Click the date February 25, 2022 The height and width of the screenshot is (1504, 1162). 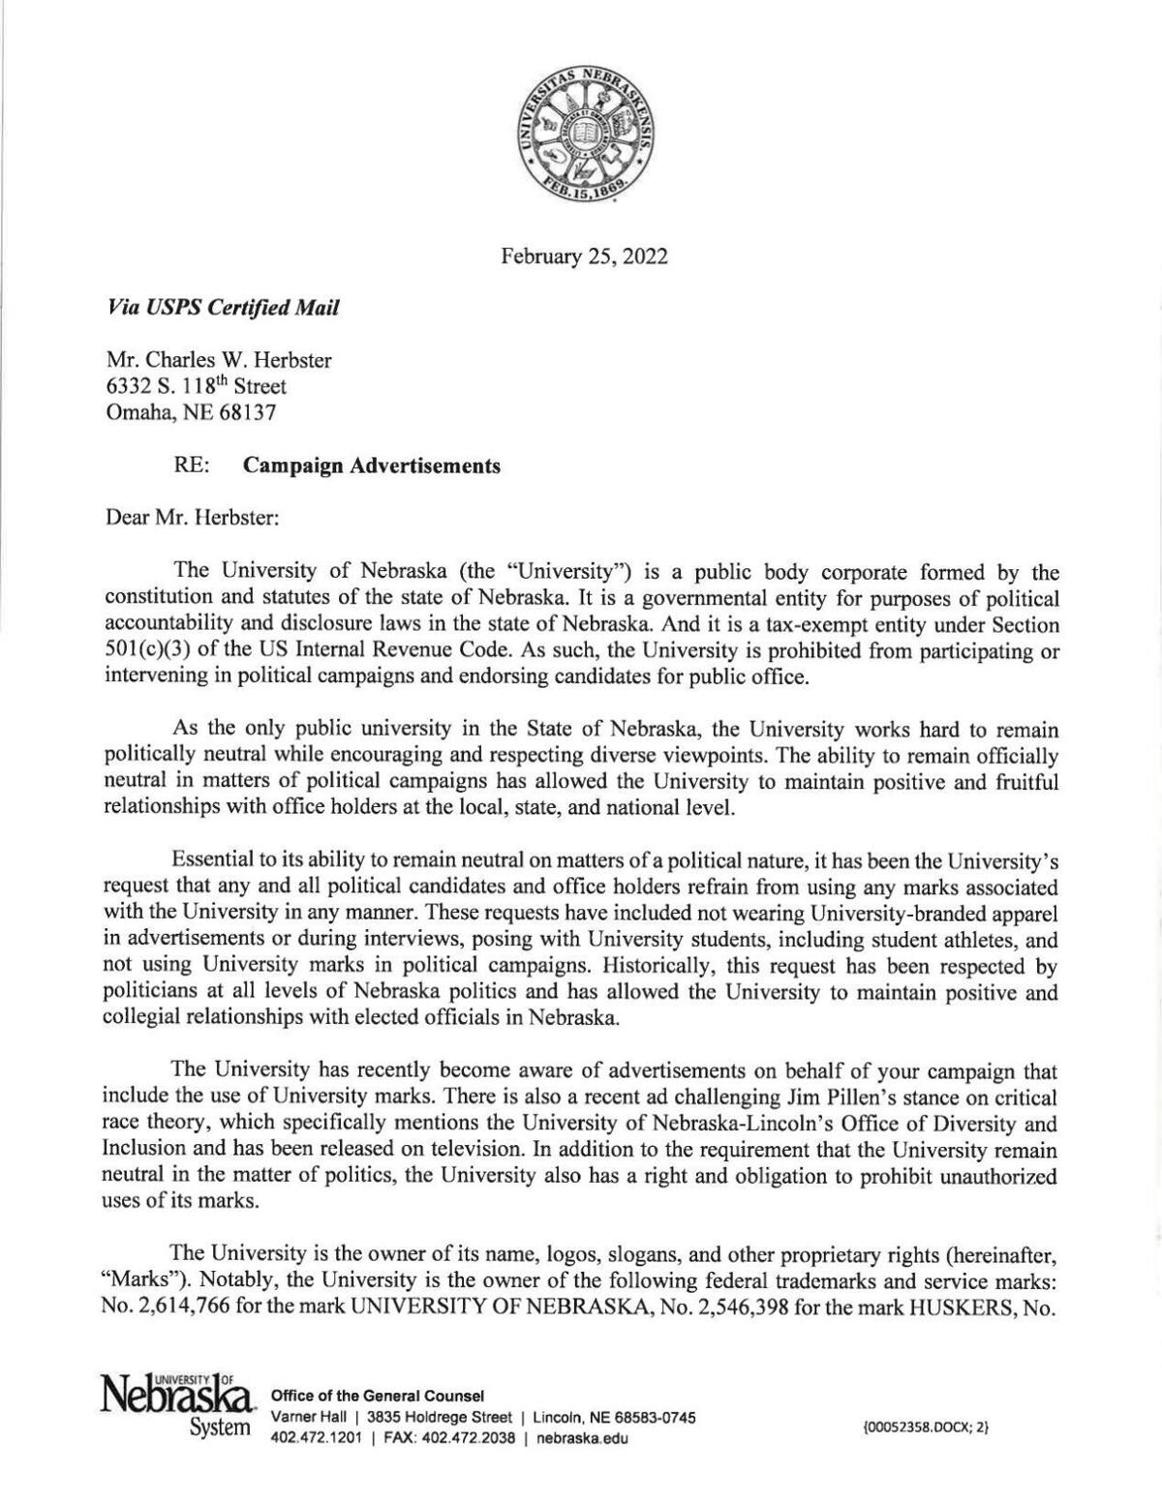click(583, 256)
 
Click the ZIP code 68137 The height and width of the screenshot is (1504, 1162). click(247, 412)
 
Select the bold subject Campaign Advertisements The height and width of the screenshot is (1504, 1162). click(372, 466)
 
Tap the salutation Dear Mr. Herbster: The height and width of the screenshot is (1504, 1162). click(193, 517)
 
